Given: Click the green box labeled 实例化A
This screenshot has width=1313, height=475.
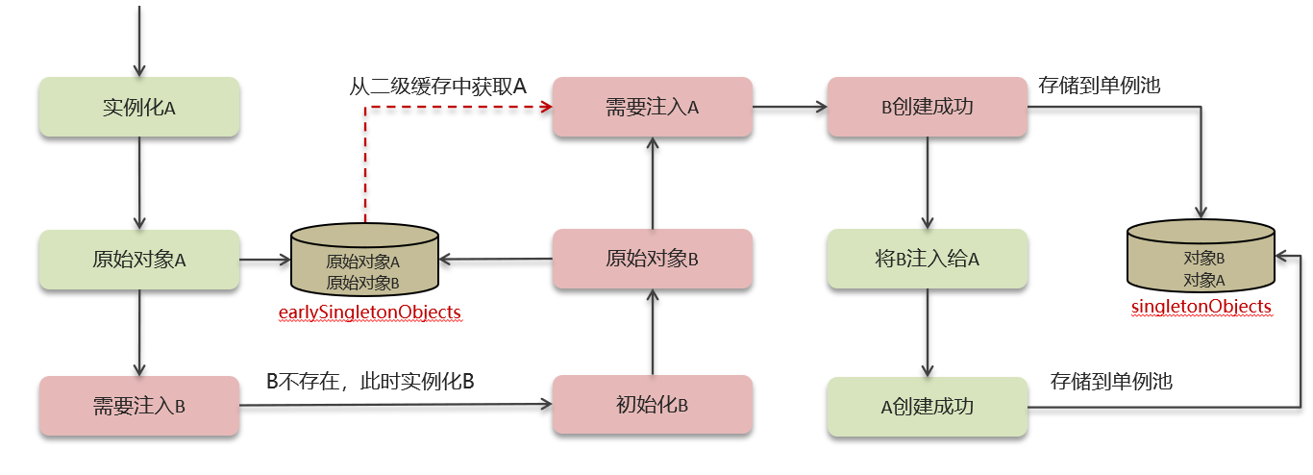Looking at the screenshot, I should [138, 107].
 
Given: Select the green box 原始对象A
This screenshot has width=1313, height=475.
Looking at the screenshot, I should [138, 259].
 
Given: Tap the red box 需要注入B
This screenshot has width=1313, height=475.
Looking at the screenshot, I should [138, 405].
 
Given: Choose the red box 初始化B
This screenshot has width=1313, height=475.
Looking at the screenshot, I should [652, 405].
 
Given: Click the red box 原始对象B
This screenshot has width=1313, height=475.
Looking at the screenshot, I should [652, 259].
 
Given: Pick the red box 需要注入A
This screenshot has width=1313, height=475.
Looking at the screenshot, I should [652, 107].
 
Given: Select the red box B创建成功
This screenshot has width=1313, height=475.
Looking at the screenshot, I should [928, 107].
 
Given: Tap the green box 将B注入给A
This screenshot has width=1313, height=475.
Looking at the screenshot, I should [928, 259].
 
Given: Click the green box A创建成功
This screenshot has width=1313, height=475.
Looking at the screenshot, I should [928, 406].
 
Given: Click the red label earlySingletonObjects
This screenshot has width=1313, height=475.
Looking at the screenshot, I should [369, 312].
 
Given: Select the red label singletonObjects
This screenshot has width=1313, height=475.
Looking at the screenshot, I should [1202, 307].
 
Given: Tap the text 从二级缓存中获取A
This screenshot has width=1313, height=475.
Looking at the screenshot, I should [437, 87].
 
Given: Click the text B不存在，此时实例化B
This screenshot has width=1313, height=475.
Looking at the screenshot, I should [370, 381].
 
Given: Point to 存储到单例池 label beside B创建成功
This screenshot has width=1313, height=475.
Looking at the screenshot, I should [1099, 86].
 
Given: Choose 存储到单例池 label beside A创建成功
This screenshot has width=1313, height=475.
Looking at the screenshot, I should [1111, 382].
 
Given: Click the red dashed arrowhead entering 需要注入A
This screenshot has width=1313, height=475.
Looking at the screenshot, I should [545, 107].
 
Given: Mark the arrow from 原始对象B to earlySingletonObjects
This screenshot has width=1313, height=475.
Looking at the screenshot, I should [496, 259].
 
